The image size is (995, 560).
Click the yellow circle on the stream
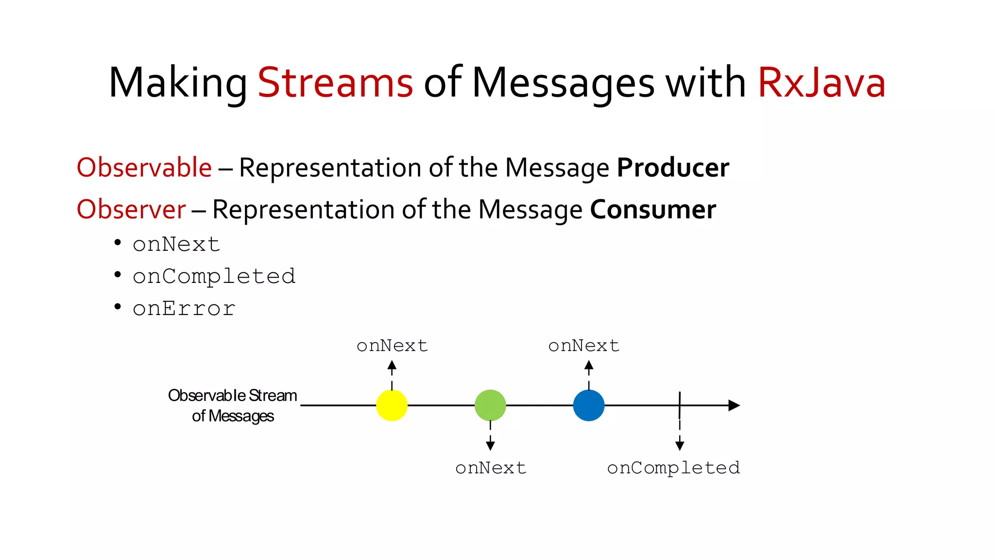392,405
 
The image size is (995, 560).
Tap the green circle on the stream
490,405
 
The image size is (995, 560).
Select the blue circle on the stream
589,405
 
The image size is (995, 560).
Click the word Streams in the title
335,83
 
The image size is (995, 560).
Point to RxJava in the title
822,83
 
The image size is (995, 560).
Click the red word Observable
144,168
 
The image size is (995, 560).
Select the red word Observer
131,210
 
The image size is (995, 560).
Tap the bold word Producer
673,168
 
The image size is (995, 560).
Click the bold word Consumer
653,210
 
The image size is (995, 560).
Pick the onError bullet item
184,309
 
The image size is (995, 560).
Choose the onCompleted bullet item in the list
214,277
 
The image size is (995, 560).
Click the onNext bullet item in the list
176,244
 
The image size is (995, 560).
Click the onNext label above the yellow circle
392,346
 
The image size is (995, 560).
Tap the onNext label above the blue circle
584,346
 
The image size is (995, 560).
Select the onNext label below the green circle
491,468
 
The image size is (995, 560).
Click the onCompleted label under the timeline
673,468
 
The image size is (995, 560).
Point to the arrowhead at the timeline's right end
734,405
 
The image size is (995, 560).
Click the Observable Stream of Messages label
233,405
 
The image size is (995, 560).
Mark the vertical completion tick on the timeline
680,404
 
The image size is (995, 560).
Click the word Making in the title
178,83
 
